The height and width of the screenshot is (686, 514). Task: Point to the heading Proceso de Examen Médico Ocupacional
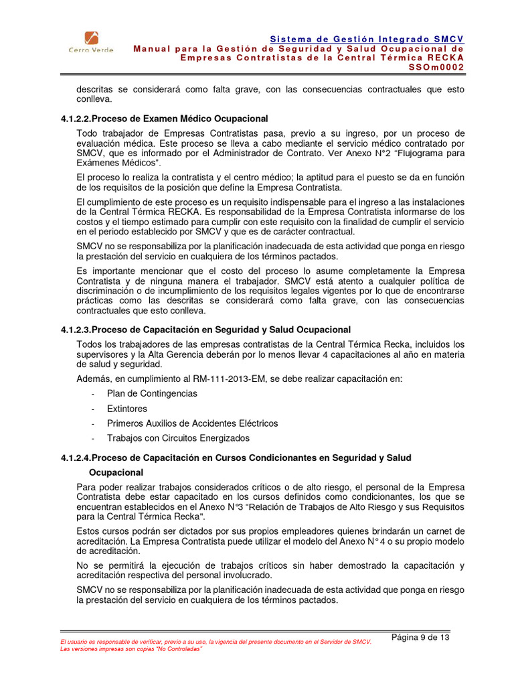179,119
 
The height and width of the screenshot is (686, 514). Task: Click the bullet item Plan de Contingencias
152,393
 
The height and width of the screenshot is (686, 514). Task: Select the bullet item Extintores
127,409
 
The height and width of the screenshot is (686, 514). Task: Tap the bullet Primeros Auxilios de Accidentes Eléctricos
192,423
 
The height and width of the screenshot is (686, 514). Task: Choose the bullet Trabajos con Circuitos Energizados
178,438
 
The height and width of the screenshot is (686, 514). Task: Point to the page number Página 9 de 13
420,637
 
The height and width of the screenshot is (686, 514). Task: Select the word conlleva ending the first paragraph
94,99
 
